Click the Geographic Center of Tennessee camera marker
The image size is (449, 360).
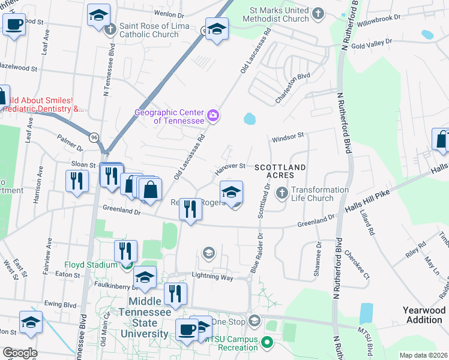(x=212, y=115)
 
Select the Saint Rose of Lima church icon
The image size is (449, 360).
(x=110, y=29)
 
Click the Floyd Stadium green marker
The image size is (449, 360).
(x=126, y=265)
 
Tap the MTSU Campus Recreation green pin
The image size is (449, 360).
(x=268, y=343)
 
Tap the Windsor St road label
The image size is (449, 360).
(x=289, y=137)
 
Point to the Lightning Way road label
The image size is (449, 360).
(x=212, y=276)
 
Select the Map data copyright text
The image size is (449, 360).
(x=423, y=355)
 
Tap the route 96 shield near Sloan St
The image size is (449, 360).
(x=95, y=137)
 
